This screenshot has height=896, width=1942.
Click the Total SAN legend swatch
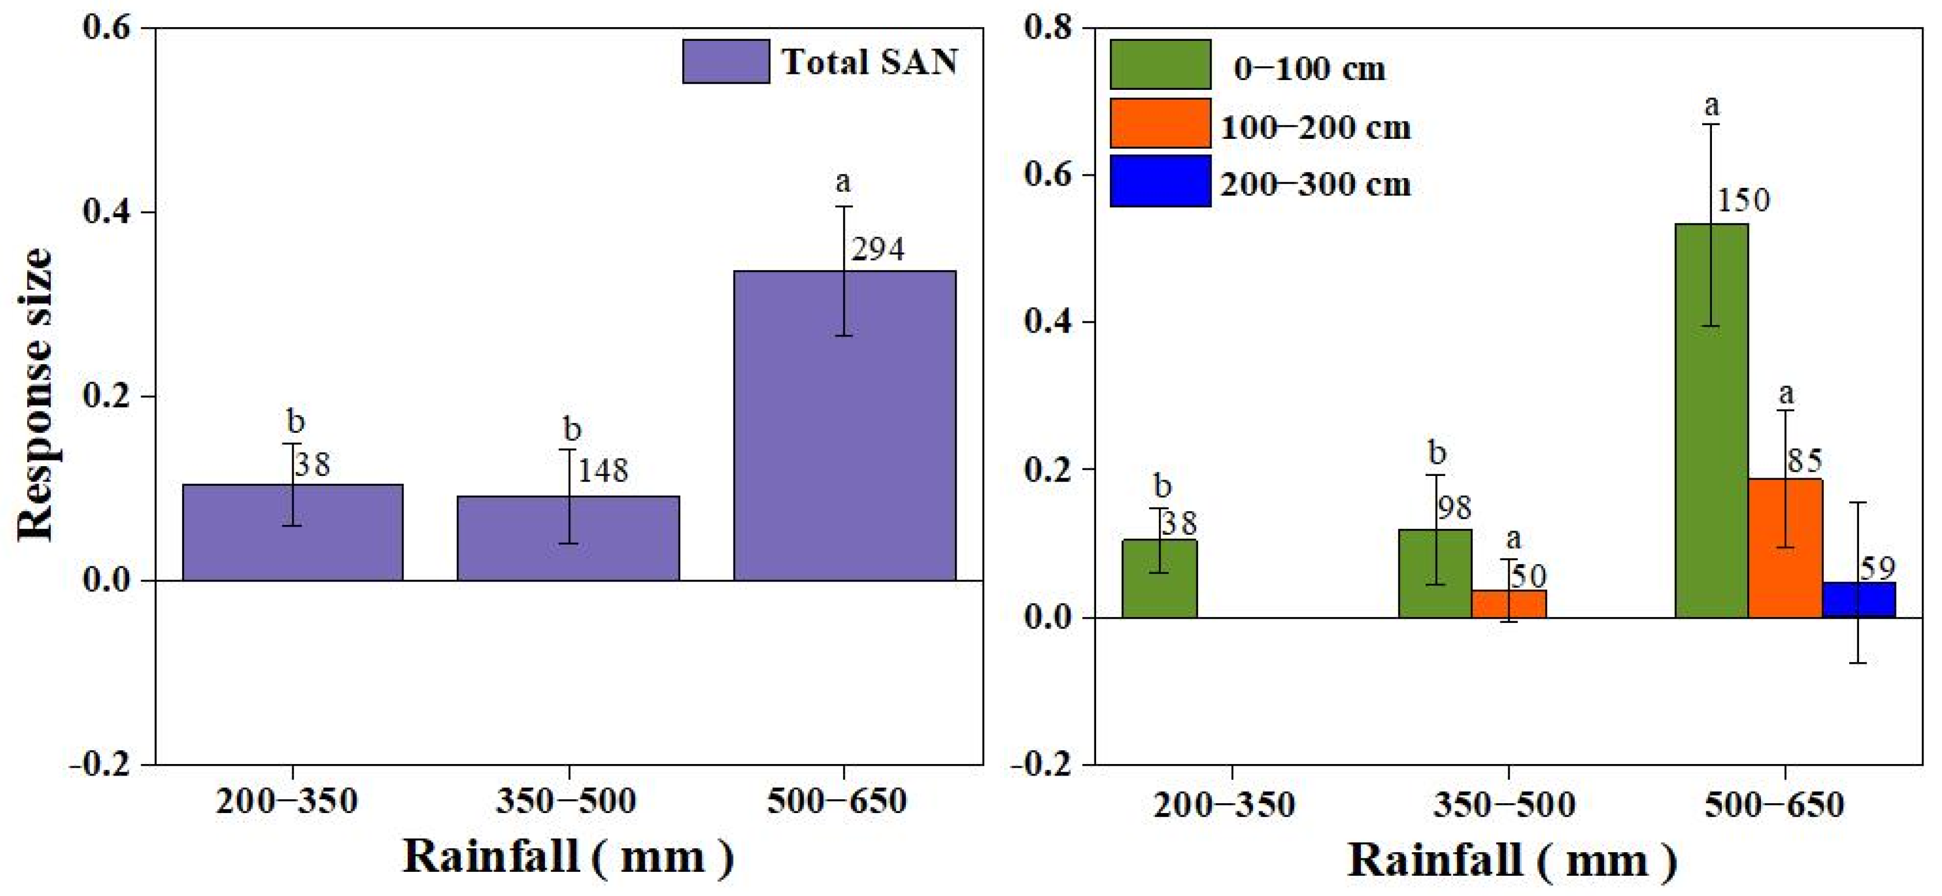coord(725,62)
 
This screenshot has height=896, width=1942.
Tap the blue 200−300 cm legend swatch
coord(1160,182)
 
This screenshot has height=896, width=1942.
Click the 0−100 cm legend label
coord(1309,69)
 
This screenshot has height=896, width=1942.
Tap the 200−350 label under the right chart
coord(1224,805)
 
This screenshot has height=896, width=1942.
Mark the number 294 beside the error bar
coord(878,249)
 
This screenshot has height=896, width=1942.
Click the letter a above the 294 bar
coord(843,182)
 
